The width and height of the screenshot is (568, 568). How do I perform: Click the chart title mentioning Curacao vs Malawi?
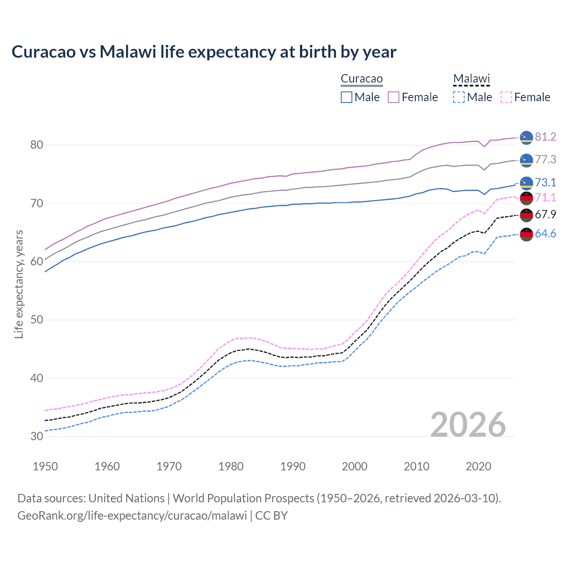(204, 52)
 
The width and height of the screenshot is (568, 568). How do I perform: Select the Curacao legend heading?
(362, 79)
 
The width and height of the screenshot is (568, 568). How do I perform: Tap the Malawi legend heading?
(471, 79)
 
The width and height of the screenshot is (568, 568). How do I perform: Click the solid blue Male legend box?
(347, 97)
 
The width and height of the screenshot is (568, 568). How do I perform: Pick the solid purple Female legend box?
(394, 97)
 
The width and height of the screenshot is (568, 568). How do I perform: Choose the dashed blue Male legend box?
(459, 97)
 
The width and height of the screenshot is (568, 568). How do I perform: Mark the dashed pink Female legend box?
(506, 97)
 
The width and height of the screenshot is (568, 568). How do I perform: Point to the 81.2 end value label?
(545, 137)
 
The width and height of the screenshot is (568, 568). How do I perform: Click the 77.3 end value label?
(545, 159)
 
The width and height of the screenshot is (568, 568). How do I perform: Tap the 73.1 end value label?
(545, 182)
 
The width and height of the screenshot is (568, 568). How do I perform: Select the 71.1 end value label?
(545, 197)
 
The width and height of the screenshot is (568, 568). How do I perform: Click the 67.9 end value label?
(545, 214)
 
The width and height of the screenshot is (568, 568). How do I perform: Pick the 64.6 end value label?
(545, 233)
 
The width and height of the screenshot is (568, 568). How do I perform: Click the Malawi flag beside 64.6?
(526, 234)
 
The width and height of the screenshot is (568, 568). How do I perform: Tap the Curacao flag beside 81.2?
(526, 138)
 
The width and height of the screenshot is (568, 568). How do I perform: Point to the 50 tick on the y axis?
(37, 320)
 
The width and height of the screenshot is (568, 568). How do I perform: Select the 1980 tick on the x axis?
(231, 466)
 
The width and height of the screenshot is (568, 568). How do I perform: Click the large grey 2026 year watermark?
(468, 425)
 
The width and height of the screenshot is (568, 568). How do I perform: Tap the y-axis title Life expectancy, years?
(19, 284)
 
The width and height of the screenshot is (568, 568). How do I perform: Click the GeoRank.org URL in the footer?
(132, 516)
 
